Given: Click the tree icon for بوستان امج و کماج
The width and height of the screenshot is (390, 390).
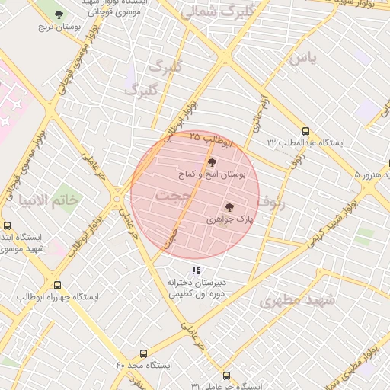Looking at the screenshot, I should pos(212,162).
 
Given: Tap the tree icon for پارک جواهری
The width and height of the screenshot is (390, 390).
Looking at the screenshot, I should pos(229,206).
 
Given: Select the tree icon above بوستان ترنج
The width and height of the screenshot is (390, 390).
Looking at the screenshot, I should pos(59,14).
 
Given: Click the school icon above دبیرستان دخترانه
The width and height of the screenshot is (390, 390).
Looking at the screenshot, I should pos(196,270).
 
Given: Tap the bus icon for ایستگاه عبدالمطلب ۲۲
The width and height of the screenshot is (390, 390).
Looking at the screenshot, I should pos(305,131).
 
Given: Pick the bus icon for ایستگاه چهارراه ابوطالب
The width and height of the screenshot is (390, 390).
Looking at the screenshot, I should pos(56,285).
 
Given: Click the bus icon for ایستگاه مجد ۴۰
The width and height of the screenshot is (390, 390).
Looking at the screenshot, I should pos(143,354).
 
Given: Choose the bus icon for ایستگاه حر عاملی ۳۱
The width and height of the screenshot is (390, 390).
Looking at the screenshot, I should pos(225,376).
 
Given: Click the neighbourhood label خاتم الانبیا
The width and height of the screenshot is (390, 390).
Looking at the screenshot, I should pos(52,200).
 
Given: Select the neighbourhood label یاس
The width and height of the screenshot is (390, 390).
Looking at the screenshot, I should pos(301,58).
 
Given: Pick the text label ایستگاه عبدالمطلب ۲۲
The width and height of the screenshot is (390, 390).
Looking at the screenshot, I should pos(305,143).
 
